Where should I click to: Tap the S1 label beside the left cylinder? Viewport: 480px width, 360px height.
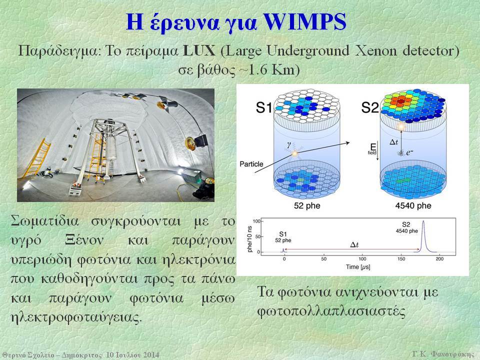pos(263,107)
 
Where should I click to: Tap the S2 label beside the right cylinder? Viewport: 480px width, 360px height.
pos(370,107)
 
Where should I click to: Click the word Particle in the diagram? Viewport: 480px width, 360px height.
pos(251,164)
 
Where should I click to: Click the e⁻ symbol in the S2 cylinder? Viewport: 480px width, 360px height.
pos(409,152)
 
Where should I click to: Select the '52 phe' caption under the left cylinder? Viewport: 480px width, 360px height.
pos(307,205)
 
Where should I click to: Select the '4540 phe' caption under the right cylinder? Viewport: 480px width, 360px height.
pos(413,205)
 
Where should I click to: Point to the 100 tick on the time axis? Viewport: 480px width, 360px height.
pos(362,259)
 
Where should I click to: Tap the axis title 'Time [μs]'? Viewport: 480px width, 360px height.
pos(358,267)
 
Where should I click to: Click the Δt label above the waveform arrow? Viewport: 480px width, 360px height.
pos(354,245)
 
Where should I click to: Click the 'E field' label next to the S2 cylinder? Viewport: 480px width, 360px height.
pos(372,149)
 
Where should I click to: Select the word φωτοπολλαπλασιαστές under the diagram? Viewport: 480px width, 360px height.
pos(331,312)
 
